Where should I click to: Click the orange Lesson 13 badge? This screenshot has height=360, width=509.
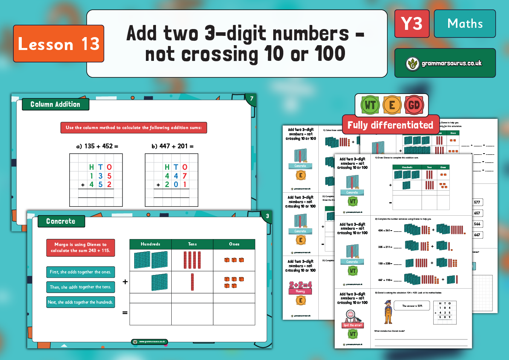(x=59, y=44)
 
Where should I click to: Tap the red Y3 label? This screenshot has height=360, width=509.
(x=411, y=24)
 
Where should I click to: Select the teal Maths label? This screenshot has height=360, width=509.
(x=465, y=24)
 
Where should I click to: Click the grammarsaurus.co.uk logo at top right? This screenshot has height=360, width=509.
(x=445, y=63)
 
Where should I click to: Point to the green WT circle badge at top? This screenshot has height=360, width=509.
(x=370, y=106)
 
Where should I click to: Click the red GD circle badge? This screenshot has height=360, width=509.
(x=414, y=106)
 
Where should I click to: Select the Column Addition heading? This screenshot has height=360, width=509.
(x=56, y=104)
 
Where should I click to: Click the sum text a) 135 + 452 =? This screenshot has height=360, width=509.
(x=97, y=146)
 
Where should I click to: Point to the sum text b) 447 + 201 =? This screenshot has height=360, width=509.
(x=172, y=146)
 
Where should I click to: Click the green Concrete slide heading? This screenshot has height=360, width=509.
(x=61, y=221)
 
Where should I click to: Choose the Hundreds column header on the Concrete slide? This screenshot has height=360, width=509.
(x=150, y=244)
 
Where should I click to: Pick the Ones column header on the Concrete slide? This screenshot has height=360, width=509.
(x=234, y=244)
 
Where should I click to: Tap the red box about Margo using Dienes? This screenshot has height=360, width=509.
(x=81, y=248)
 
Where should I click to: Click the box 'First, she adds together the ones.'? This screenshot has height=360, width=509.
(x=81, y=272)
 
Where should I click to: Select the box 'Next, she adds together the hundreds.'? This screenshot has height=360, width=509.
(x=81, y=302)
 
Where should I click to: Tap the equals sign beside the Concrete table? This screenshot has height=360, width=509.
(x=125, y=312)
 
